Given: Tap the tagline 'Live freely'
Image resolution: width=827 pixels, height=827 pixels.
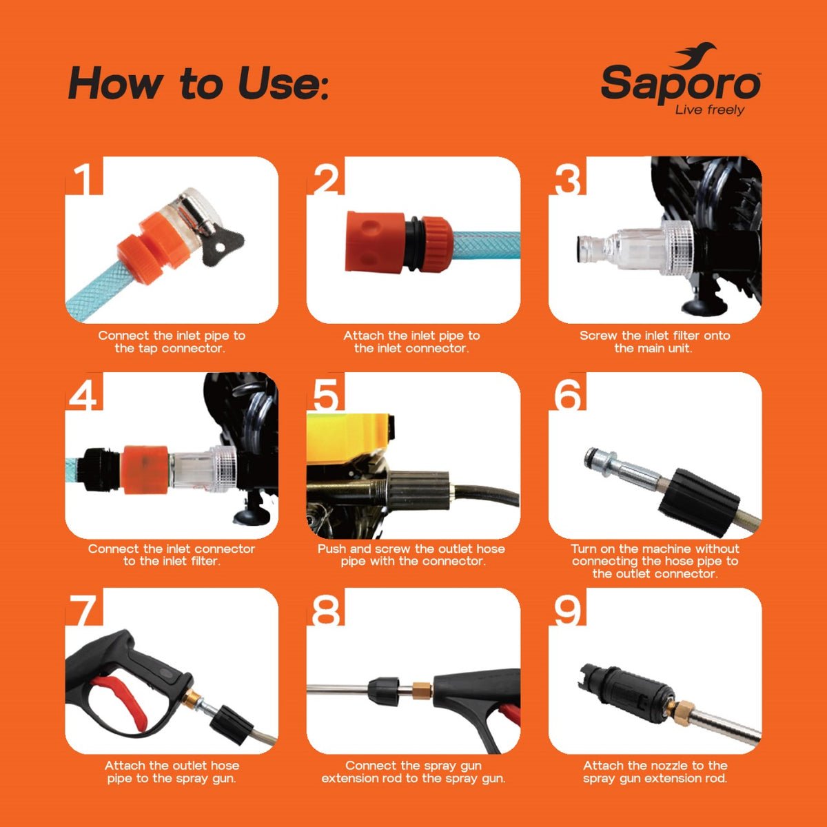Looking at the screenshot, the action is pos(710,110).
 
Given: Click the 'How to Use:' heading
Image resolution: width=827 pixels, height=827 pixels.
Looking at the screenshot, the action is pos(198,83).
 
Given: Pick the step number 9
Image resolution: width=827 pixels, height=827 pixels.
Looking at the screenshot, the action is pos(567,611).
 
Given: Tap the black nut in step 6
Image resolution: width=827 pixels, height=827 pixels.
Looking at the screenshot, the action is pos(699,502).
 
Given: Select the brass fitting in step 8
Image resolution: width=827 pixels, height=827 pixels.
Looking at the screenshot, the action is pos(422,690).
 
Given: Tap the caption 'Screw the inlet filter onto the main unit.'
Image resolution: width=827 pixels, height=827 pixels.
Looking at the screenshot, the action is pos(655,342).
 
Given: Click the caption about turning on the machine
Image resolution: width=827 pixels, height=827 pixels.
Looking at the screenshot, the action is pos(655,561).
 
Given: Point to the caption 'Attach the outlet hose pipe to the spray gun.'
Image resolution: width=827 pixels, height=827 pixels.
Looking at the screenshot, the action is pos(172,772).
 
